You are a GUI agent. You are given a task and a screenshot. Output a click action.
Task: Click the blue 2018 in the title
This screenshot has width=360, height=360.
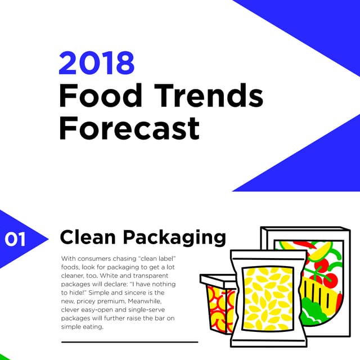[x=97, y=63]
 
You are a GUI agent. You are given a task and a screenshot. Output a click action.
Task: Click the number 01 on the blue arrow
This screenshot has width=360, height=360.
[x=15, y=239]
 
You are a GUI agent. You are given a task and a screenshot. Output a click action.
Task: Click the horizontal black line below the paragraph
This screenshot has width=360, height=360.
[x=129, y=341]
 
